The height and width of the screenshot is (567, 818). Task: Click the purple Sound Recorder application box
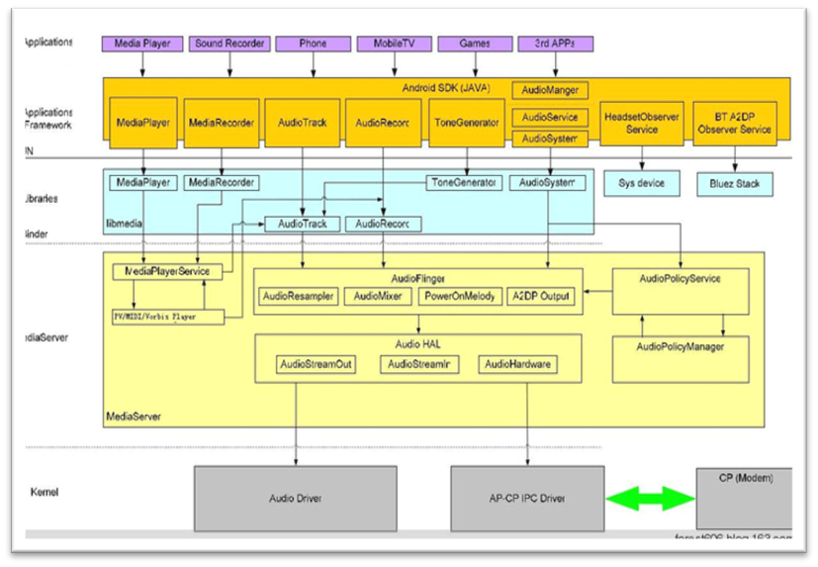point(229,44)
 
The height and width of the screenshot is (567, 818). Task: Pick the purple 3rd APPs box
point(555,44)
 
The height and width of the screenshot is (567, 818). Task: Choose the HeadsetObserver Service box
point(642,123)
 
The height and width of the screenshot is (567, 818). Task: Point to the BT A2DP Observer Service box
point(734,123)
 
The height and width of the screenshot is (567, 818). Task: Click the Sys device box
point(642,183)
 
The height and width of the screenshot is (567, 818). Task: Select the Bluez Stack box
point(734,183)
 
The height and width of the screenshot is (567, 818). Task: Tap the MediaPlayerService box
point(167,271)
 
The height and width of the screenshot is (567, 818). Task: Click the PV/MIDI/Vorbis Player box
point(167,317)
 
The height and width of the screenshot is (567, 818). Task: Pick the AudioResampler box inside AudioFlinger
point(298,296)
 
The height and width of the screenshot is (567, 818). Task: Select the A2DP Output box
point(539,296)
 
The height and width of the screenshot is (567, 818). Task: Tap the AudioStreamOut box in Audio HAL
point(316,364)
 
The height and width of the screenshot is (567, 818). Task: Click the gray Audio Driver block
point(296,499)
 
